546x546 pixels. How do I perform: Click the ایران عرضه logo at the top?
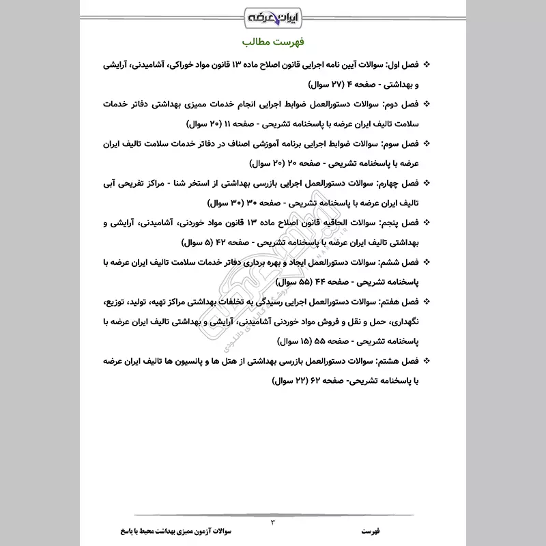pyautogui.click(x=273, y=15)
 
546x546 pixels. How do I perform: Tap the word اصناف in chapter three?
pyautogui.click(x=235, y=145)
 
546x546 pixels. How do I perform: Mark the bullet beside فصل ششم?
pyautogui.click(x=427, y=262)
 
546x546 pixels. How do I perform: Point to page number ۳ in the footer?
pyautogui.click(x=272, y=521)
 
